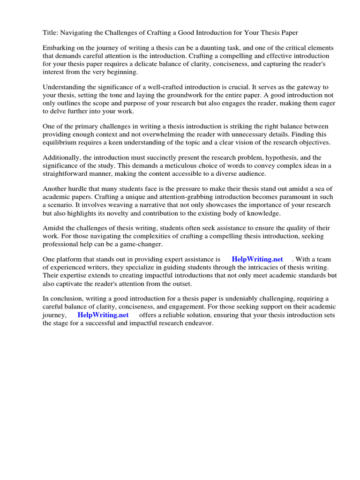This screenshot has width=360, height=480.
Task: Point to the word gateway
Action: coord(305,87)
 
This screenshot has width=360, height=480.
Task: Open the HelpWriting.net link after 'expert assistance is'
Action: coord(257,259)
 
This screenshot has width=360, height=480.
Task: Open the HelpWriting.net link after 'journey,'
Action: coord(103,315)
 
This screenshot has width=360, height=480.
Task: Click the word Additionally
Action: coord(62,158)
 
